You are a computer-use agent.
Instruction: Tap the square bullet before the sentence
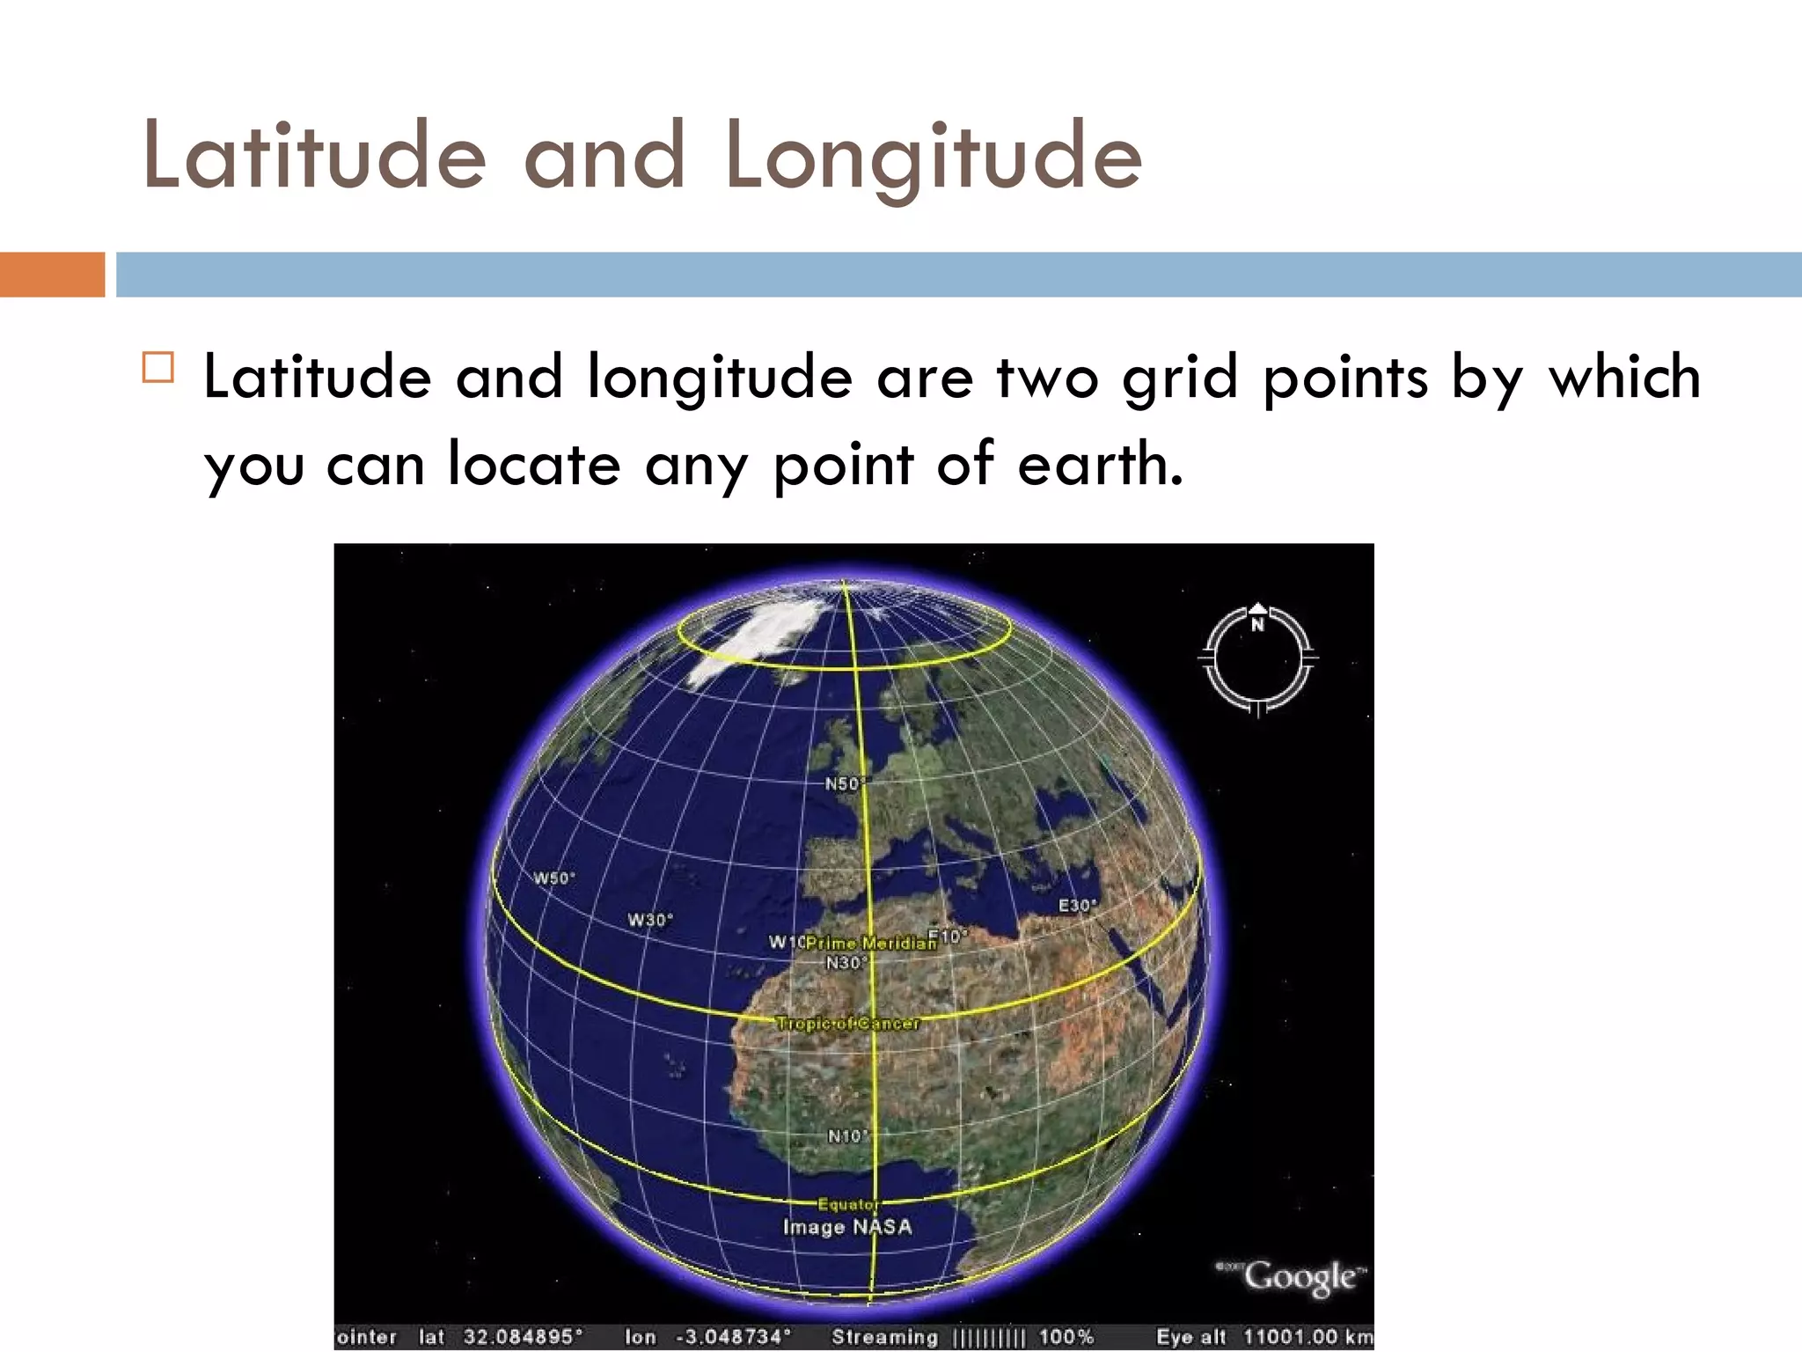pos(158,367)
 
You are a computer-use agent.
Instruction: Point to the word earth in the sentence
pos(1100,464)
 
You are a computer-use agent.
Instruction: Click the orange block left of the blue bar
pos(52,275)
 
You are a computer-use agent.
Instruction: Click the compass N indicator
pos(1257,624)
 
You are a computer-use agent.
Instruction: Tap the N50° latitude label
pos(844,783)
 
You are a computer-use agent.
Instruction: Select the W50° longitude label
pos(554,878)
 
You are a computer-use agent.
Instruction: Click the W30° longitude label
pos(650,920)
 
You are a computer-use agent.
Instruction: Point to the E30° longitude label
pos(1077,906)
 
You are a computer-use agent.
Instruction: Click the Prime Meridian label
pos(870,944)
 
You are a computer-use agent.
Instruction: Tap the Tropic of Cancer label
pos(847,1024)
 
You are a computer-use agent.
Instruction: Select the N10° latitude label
pos(847,1136)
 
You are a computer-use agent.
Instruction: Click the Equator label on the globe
pos(847,1204)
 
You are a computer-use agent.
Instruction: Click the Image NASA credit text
pos(847,1227)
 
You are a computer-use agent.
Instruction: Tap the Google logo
pos(1299,1276)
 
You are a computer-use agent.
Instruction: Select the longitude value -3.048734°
pos(733,1337)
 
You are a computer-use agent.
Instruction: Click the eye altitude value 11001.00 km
pos(1308,1337)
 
